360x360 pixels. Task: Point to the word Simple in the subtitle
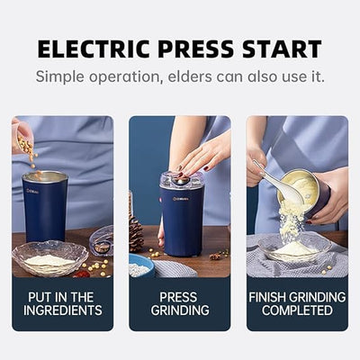(64, 76)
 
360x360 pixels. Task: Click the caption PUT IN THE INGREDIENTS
(62, 303)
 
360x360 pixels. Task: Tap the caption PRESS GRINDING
(179, 303)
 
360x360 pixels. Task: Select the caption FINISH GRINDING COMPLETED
(296, 303)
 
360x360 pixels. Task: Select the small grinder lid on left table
(102, 241)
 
